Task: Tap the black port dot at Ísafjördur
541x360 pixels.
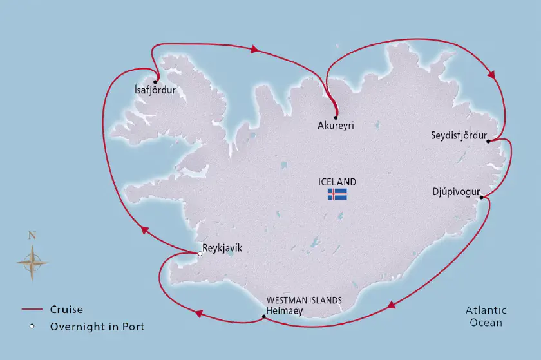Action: pyautogui.click(x=156, y=81)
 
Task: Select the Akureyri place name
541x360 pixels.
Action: pyautogui.click(x=336, y=126)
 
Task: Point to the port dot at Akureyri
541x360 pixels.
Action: pyautogui.click(x=336, y=117)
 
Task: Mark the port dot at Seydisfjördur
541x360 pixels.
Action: pyautogui.click(x=489, y=141)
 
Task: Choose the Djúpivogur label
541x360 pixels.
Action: pyautogui.click(x=456, y=191)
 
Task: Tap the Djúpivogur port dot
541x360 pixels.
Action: pyautogui.click(x=482, y=198)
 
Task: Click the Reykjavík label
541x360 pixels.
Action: pyautogui.click(x=223, y=249)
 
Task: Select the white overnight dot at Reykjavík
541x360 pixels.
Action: pyautogui.click(x=200, y=254)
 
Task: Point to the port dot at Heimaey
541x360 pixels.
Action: pyautogui.click(x=264, y=316)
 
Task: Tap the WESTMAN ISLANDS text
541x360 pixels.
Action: pyautogui.click(x=303, y=301)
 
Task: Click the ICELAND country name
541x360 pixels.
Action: pyautogui.click(x=337, y=182)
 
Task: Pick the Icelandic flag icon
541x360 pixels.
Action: pyautogui.click(x=337, y=194)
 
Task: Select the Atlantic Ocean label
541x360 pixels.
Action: pyautogui.click(x=486, y=316)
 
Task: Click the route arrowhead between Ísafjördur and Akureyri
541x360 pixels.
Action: pyautogui.click(x=255, y=49)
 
